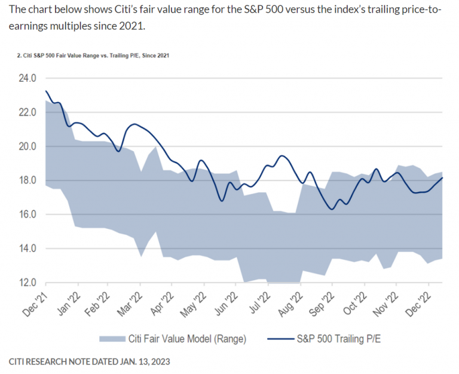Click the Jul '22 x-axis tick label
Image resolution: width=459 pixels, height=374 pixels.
tap(261, 301)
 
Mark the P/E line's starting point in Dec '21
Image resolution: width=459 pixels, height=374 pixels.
tap(46, 91)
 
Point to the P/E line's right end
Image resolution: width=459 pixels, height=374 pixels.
tap(442, 177)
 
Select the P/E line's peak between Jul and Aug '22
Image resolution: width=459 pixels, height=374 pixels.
tap(281, 156)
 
